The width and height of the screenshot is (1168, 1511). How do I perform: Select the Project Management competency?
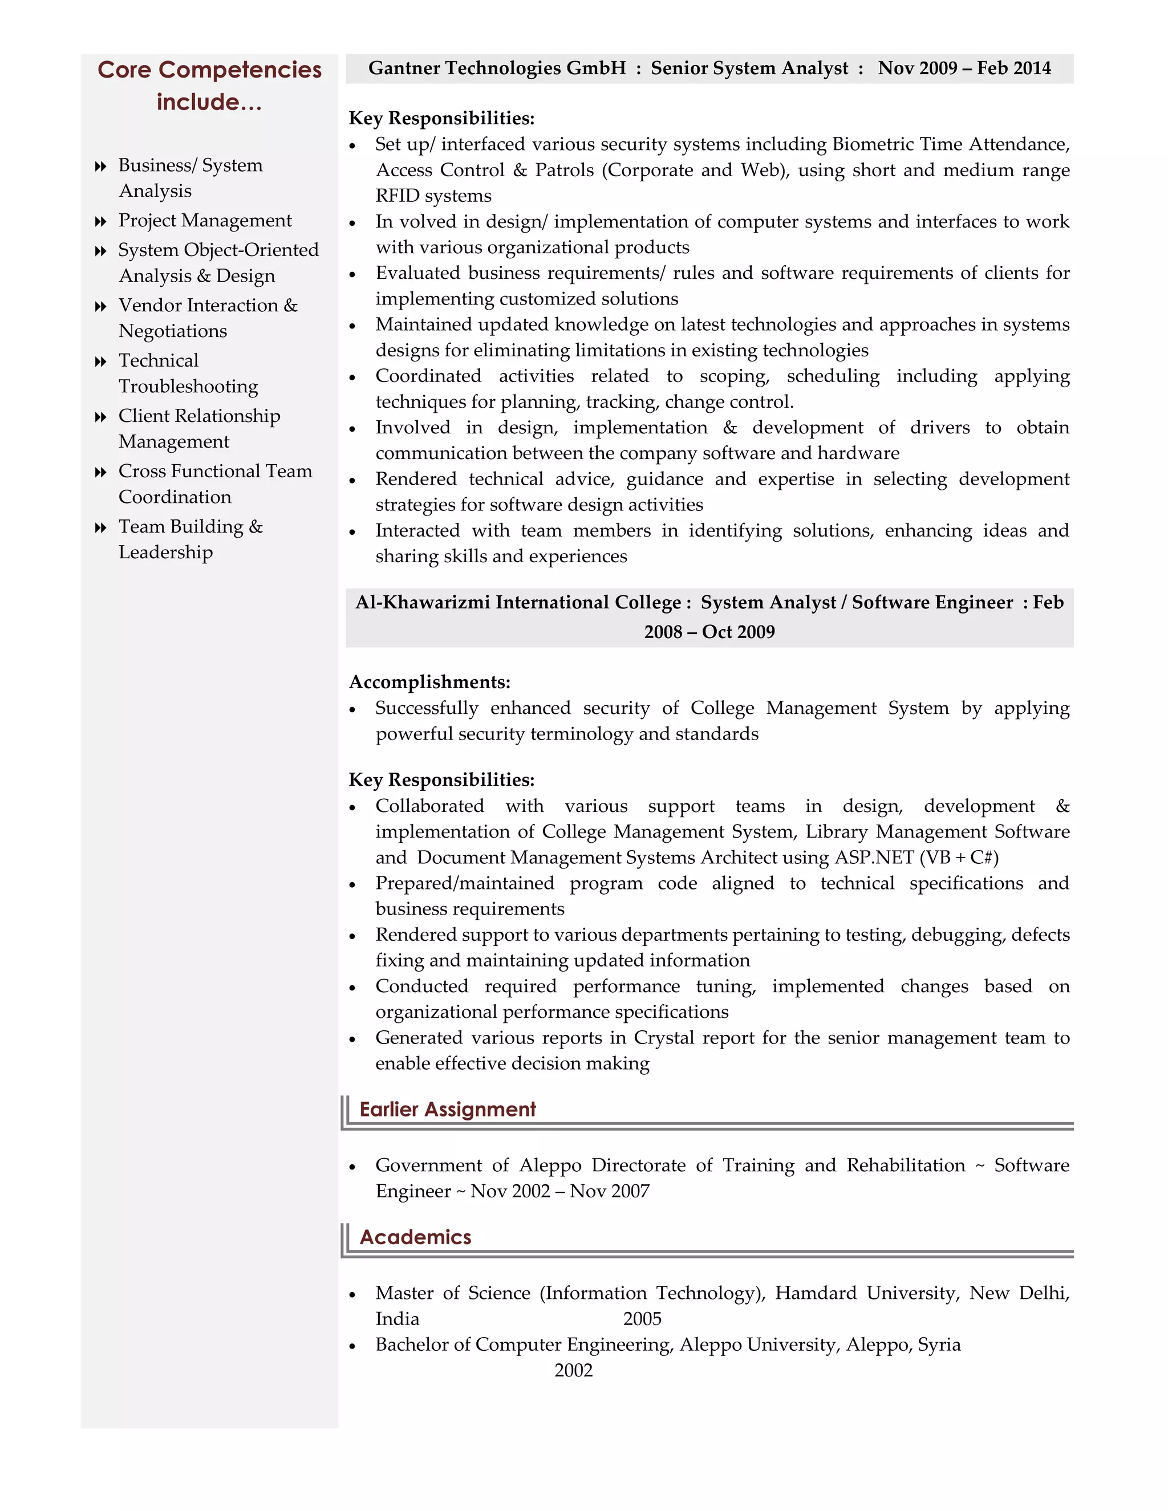click(205, 221)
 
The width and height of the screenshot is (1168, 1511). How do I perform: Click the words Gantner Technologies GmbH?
click(497, 68)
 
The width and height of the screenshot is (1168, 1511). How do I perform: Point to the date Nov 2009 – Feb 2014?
click(964, 68)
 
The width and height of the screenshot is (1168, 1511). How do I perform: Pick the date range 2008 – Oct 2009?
click(709, 632)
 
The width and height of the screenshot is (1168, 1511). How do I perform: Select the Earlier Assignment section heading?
click(447, 1110)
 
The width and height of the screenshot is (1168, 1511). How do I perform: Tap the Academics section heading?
click(415, 1237)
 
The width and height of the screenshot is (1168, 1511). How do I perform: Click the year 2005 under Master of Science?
click(642, 1319)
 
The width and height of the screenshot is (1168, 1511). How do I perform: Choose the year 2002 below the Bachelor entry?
click(573, 1371)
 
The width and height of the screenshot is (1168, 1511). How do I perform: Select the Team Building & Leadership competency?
click(190, 539)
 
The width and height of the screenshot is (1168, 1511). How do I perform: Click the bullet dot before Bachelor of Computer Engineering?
click(352, 1346)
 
